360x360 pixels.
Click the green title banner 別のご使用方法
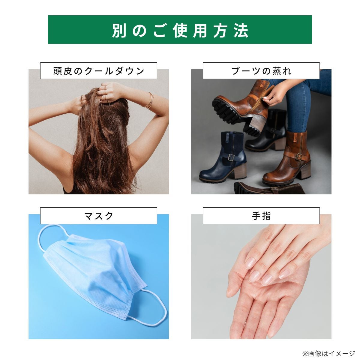coord(180,29)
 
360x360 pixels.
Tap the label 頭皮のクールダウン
coord(99,71)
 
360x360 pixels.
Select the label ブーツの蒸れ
coord(261,71)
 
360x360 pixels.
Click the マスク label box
coord(99,216)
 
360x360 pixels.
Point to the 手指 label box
coord(261,216)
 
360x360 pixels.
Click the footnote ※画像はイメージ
coord(328,353)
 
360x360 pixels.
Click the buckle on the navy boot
coord(231,158)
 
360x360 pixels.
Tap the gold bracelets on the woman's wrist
coord(148,100)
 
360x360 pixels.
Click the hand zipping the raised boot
coord(274,94)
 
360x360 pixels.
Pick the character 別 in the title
coord(119,30)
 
